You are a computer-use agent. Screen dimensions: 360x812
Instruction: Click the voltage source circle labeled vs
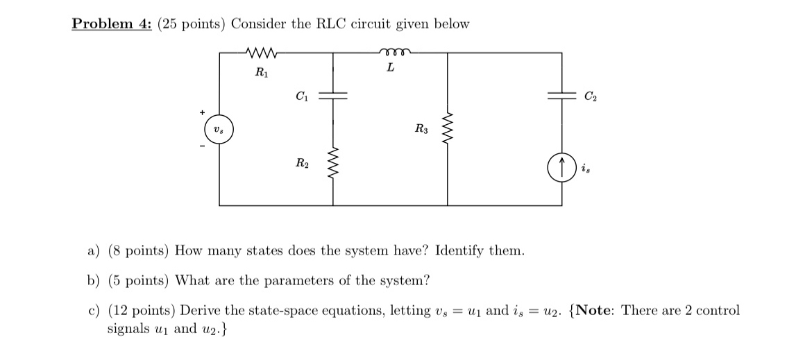pos(219,130)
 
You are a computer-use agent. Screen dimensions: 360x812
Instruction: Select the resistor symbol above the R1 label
pos(262,52)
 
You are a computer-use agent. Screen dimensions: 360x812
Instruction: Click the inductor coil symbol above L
pos(393,51)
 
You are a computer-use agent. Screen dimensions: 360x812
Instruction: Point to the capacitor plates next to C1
pos(333,97)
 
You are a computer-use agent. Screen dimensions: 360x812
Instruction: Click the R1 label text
pos(260,71)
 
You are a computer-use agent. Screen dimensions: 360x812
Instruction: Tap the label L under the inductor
pos(391,68)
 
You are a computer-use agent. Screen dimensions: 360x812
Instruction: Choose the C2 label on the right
pos(589,96)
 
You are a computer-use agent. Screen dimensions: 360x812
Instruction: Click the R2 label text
pos(302,164)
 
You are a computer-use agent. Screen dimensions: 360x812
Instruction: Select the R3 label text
pos(421,128)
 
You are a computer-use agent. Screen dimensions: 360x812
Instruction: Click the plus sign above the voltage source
pos(203,112)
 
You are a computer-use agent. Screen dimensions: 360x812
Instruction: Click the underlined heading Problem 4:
pos(112,24)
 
